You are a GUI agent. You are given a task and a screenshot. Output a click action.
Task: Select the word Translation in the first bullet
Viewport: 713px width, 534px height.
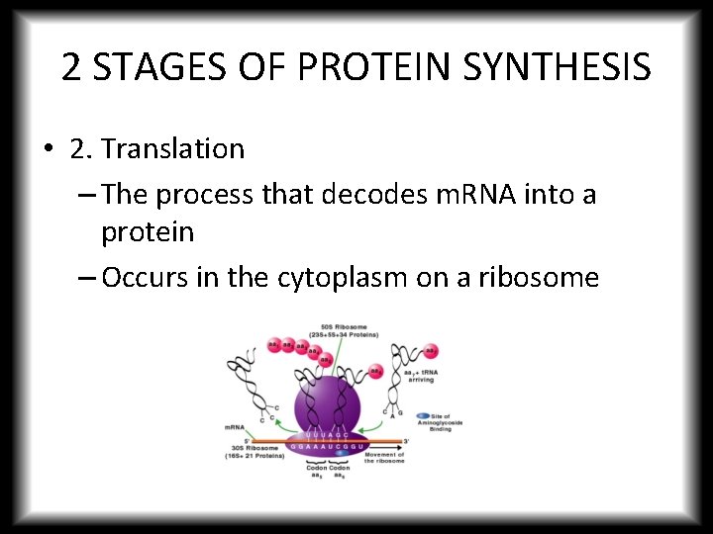pos(172,149)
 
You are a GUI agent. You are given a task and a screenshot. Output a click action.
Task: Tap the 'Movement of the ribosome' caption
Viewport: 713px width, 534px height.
pos(384,458)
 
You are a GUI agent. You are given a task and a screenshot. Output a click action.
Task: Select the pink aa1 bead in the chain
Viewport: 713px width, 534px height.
pos(273,345)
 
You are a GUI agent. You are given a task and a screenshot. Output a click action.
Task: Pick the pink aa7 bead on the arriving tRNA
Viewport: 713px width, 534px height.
pos(431,351)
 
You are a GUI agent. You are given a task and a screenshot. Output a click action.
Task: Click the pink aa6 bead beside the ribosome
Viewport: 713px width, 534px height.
pos(376,372)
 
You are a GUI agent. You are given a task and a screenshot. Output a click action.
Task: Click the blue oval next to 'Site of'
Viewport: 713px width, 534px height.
pos(423,416)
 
